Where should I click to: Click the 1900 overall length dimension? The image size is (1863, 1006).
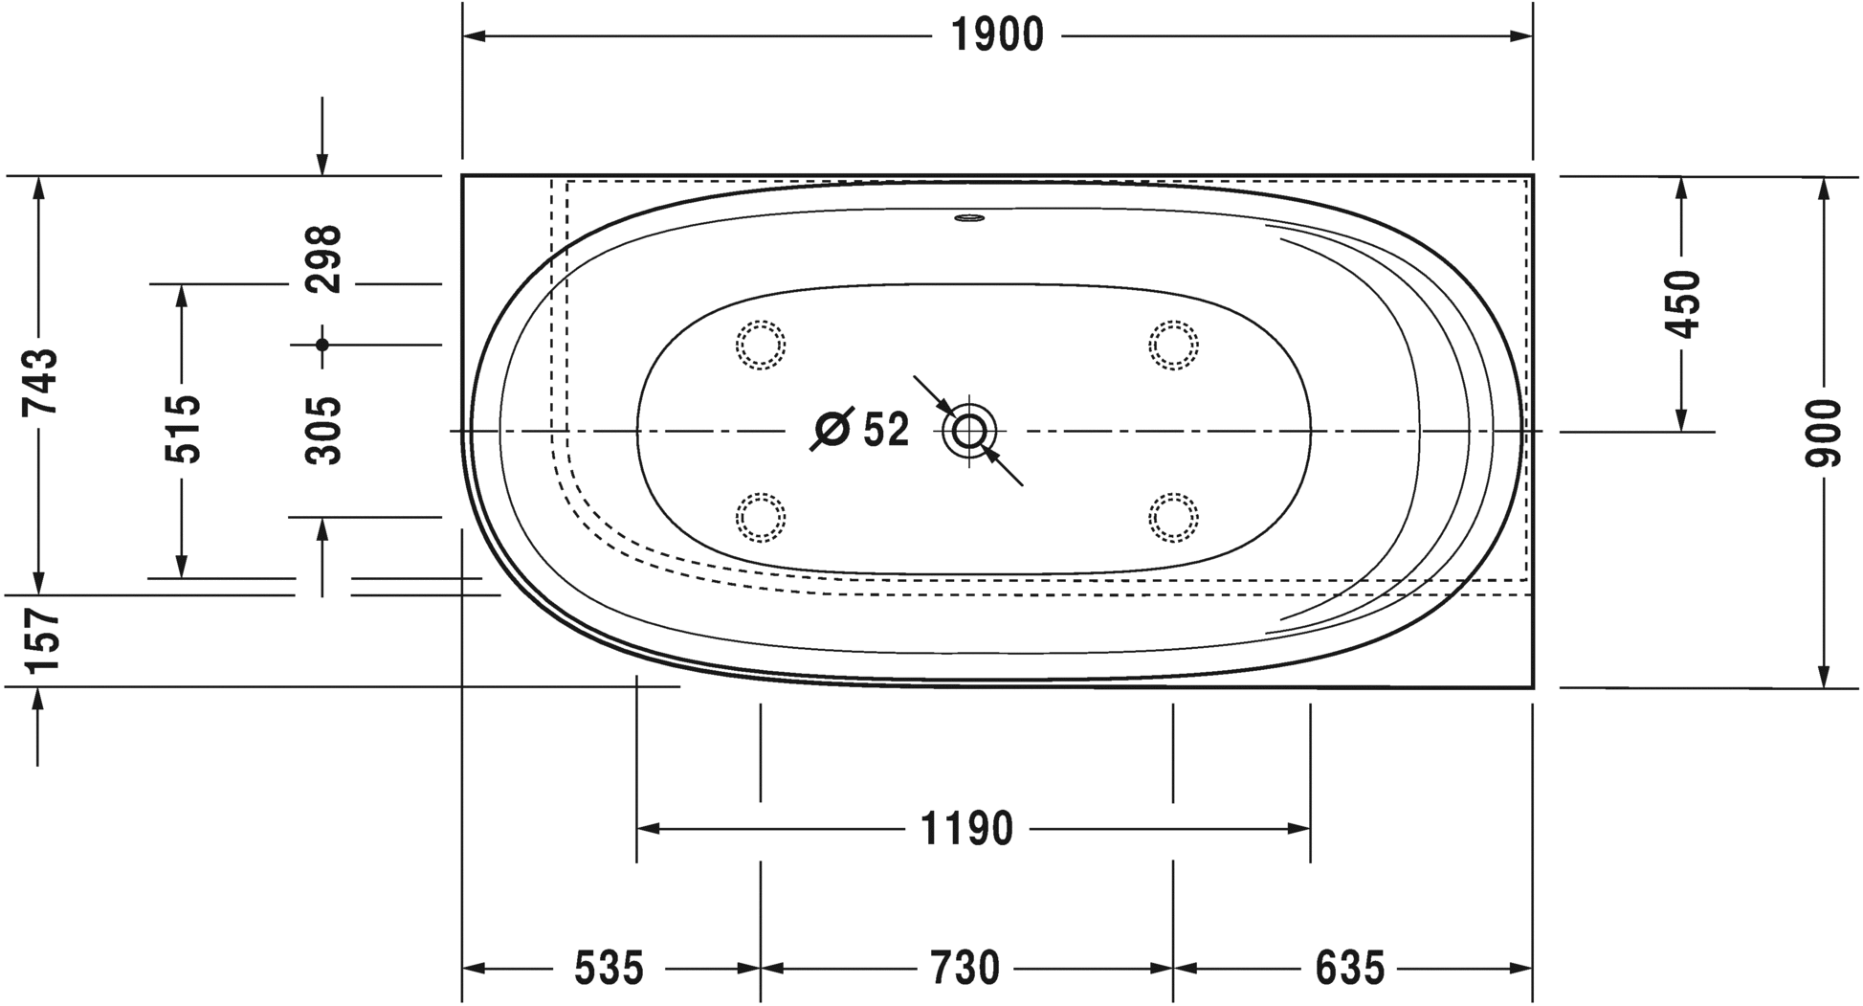click(x=997, y=36)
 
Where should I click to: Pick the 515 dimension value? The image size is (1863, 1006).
click(x=183, y=429)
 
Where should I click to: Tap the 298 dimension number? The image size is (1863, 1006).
click(x=323, y=259)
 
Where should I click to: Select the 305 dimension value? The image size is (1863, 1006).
click(x=323, y=431)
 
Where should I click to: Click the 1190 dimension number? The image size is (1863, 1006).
click(x=966, y=829)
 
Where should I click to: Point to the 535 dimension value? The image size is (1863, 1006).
click(x=610, y=969)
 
